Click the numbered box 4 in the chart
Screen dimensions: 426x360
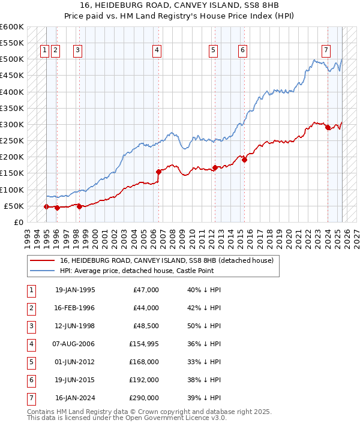(x=157, y=51)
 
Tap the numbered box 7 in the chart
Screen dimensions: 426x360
(x=325, y=51)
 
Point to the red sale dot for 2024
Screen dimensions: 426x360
(x=328, y=127)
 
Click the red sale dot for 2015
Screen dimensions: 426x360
(x=244, y=160)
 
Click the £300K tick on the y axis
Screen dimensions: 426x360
(x=12, y=125)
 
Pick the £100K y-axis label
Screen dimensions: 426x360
(x=12, y=190)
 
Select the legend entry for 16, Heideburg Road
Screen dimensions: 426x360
(x=166, y=261)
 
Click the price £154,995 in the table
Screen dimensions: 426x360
(x=144, y=344)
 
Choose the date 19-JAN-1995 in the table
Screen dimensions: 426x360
(x=75, y=290)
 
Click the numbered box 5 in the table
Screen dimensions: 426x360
(x=31, y=362)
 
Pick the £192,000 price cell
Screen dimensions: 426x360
(x=145, y=380)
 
